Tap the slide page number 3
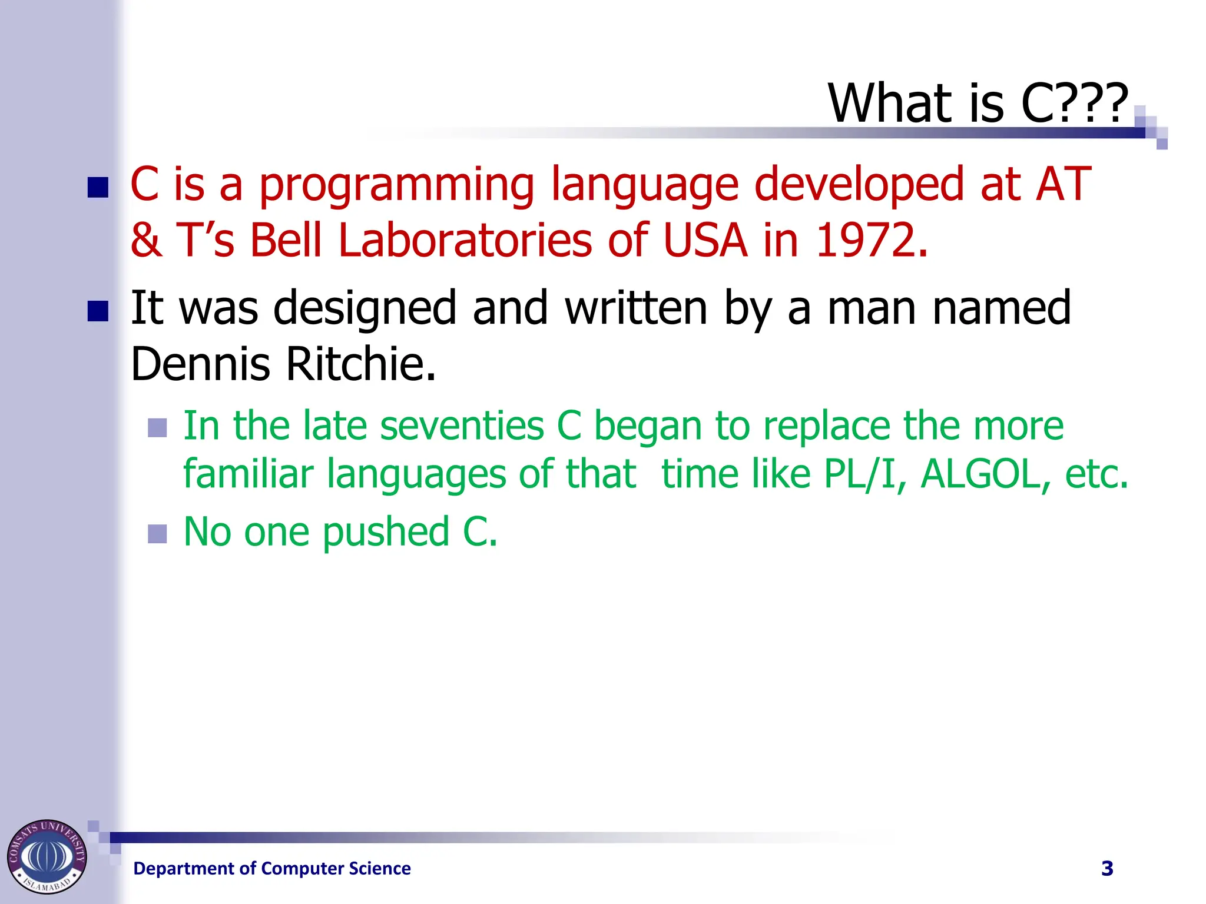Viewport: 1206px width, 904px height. point(1107,868)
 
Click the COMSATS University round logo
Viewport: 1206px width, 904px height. point(47,856)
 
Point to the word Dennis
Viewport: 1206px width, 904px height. point(200,364)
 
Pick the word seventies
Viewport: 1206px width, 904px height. point(462,426)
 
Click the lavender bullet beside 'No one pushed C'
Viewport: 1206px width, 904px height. point(157,534)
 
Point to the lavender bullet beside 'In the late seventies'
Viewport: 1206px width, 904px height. point(157,428)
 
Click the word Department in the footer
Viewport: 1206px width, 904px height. point(186,869)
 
